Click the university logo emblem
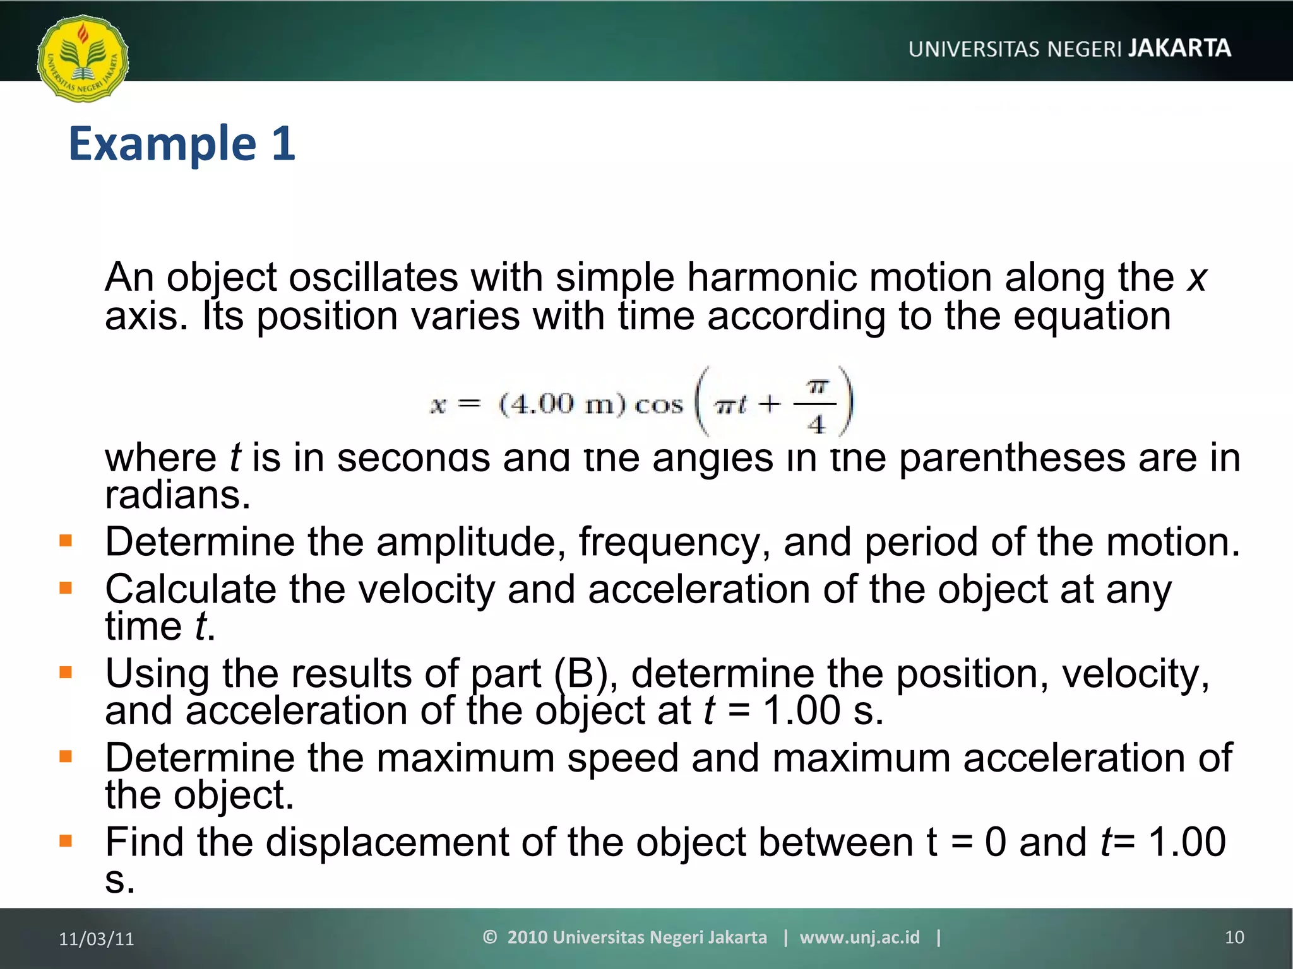tap(83, 59)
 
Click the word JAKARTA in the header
tap(1179, 48)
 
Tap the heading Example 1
tap(182, 144)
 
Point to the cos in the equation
tap(658, 404)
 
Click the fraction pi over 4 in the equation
tap(816, 404)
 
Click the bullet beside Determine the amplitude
tap(66, 541)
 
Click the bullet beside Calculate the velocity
tap(66, 588)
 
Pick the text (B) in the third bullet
tap(581, 674)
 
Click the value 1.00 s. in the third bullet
tap(823, 710)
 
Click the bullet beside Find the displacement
tap(66, 841)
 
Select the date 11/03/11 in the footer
tap(97, 939)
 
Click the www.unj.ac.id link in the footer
tap(859, 937)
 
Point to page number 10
tap(1234, 937)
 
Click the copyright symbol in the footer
tap(490, 937)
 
